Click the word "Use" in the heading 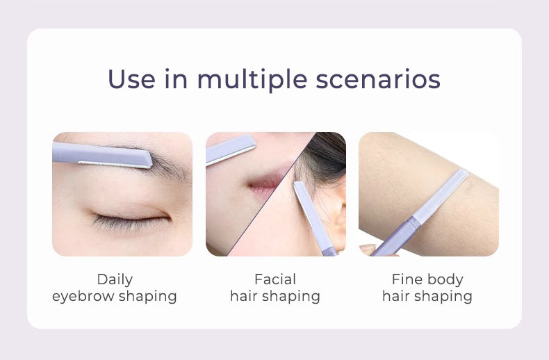131,79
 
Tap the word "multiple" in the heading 252,80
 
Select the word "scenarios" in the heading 378,80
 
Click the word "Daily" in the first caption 115,280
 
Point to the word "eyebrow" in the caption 83,297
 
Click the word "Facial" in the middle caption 275,279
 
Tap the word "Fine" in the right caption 405,279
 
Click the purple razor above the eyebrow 102,154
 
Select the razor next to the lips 231,149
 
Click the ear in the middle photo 336,218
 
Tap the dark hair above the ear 326,155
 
